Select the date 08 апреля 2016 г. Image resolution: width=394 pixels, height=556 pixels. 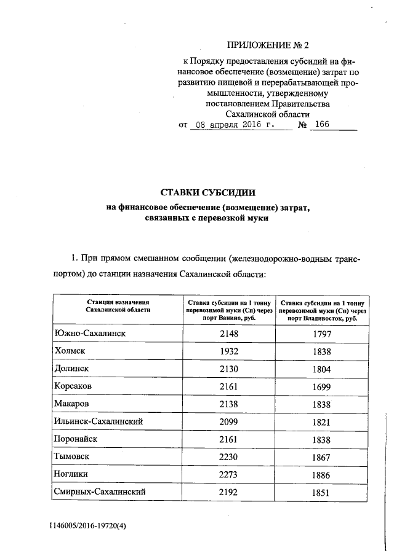click(232, 125)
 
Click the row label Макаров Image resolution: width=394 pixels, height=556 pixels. click(73, 404)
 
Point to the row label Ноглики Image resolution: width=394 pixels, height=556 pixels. click(74, 474)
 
